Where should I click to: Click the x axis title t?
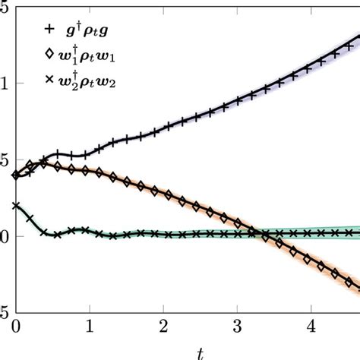(200, 353)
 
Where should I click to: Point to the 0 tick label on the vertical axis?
(3, 236)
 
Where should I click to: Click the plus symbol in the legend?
(49, 30)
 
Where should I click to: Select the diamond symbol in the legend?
(49, 55)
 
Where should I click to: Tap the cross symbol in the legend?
(49, 79)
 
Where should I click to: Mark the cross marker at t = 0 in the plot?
(15, 205)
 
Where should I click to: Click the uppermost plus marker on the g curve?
(355, 36)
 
